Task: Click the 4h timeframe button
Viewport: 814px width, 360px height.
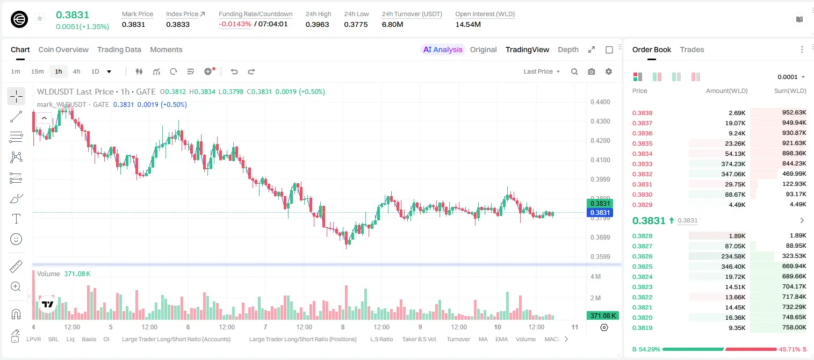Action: coord(76,71)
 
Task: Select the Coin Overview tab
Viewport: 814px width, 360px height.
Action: coord(63,49)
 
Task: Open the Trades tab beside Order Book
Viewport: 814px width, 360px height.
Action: coord(692,49)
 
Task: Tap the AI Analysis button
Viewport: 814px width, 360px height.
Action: coord(443,49)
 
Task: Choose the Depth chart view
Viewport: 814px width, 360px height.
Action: coord(568,49)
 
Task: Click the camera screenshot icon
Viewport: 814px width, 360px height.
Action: coord(591,71)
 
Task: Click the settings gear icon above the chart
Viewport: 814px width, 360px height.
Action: coord(609,71)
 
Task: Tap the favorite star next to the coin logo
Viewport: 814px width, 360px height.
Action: coord(40,18)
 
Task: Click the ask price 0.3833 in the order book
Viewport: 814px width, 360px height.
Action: coord(642,164)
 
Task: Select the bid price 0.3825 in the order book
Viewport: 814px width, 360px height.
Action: coord(642,267)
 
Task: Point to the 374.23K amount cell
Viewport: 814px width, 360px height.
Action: coord(733,164)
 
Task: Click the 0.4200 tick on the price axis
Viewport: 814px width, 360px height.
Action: coord(600,141)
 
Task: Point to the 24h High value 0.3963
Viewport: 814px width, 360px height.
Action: coord(317,24)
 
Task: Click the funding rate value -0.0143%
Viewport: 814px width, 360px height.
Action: coord(235,24)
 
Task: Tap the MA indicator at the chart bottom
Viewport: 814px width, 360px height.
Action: coord(483,339)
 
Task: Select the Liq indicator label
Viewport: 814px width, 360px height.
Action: coord(70,339)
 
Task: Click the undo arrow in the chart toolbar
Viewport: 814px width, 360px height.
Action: coord(234,71)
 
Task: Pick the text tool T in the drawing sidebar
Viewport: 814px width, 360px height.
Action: coord(16,219)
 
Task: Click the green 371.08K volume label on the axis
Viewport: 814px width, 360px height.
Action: coord(602,316)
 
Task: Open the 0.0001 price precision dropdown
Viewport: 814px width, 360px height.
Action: coord(791,77)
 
